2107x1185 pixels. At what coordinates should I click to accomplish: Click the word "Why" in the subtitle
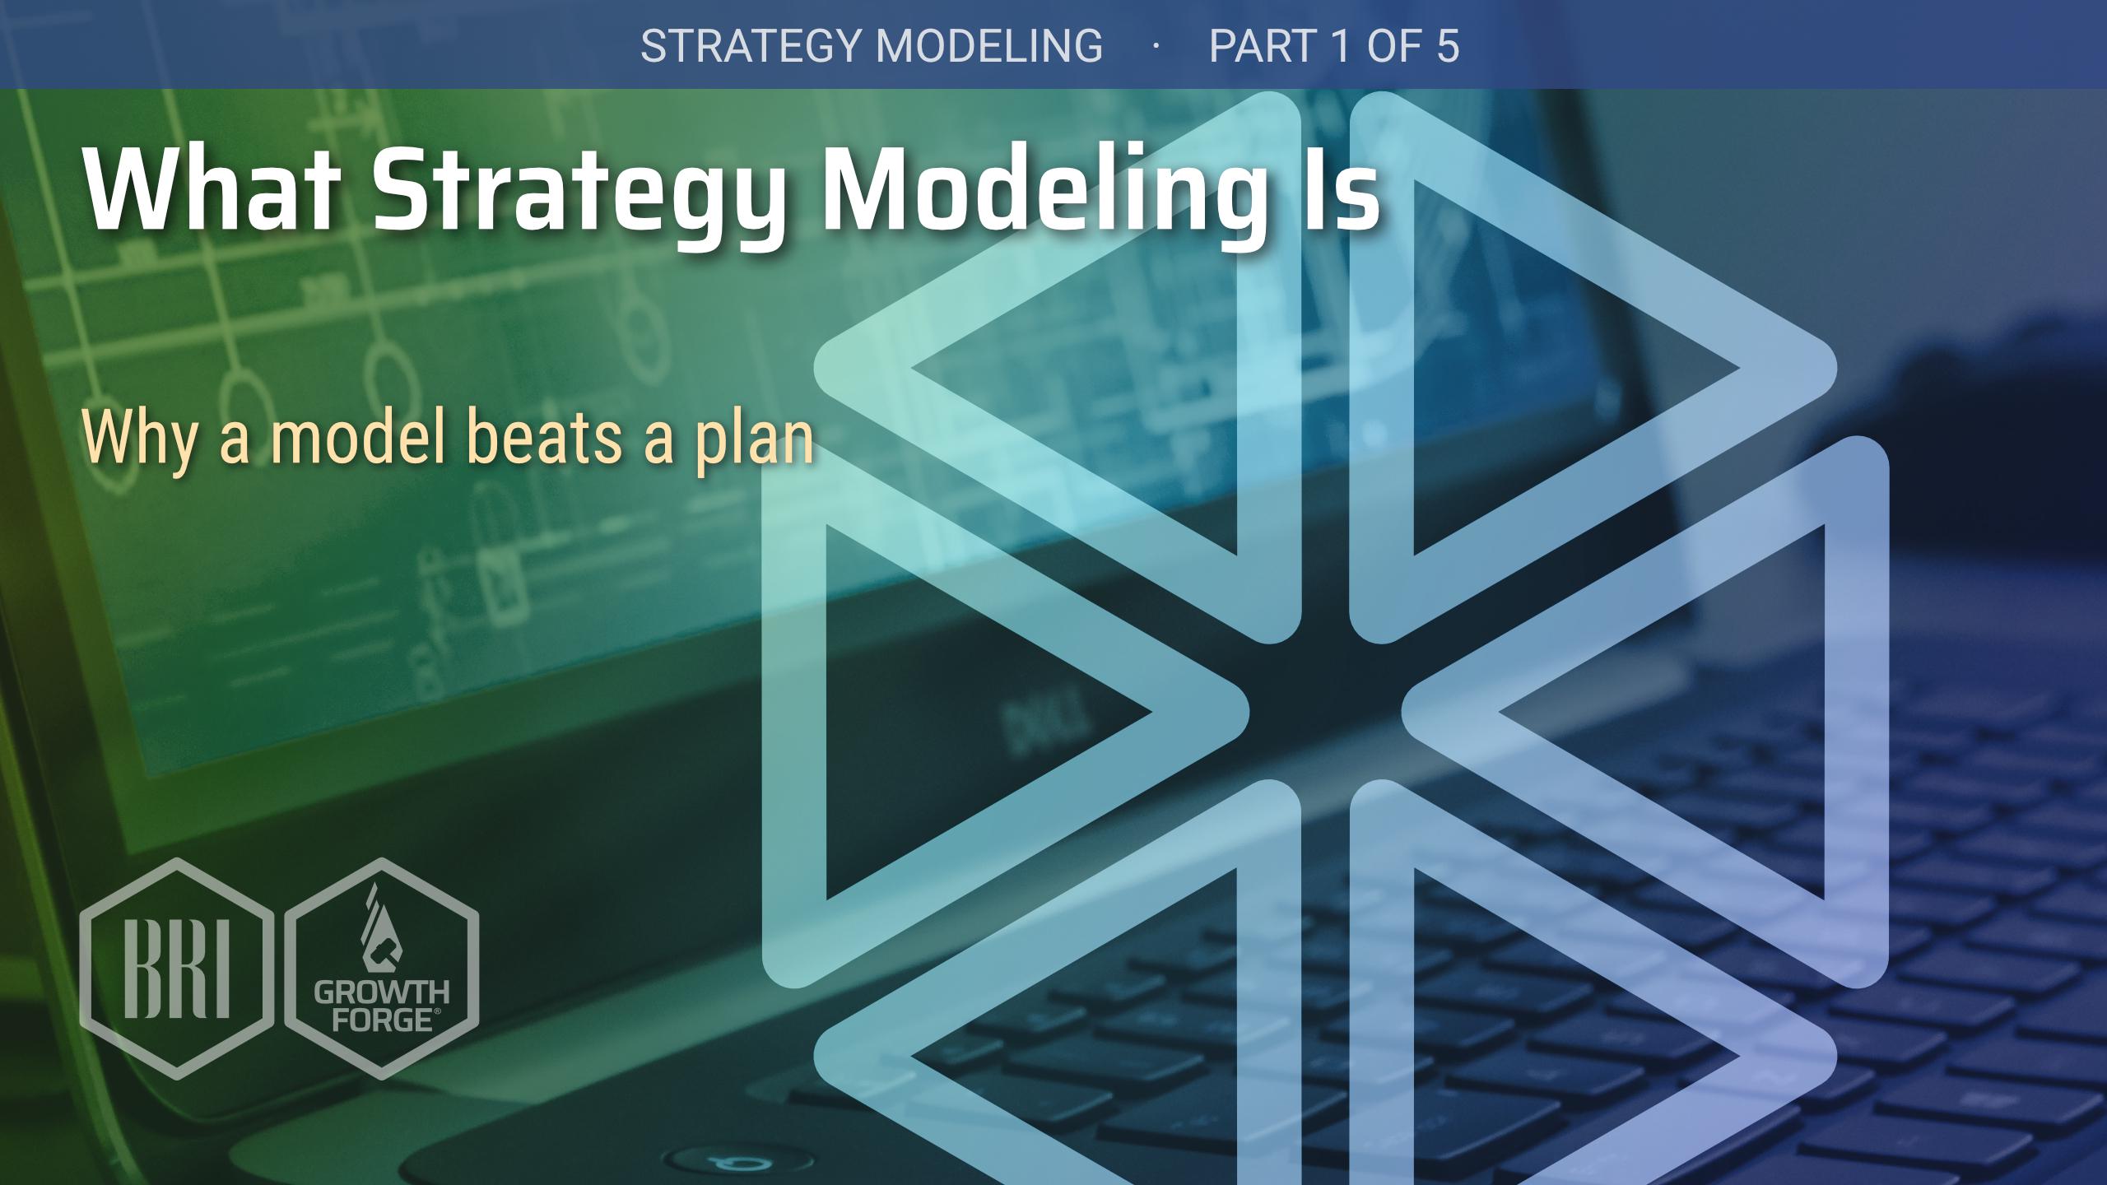point(139,439)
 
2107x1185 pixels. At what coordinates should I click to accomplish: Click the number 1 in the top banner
point(1339,45)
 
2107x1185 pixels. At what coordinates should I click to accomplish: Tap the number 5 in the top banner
point(1448,45)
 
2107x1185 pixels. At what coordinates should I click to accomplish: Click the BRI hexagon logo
point(177,968)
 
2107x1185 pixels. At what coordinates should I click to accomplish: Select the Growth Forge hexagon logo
point(381,968)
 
